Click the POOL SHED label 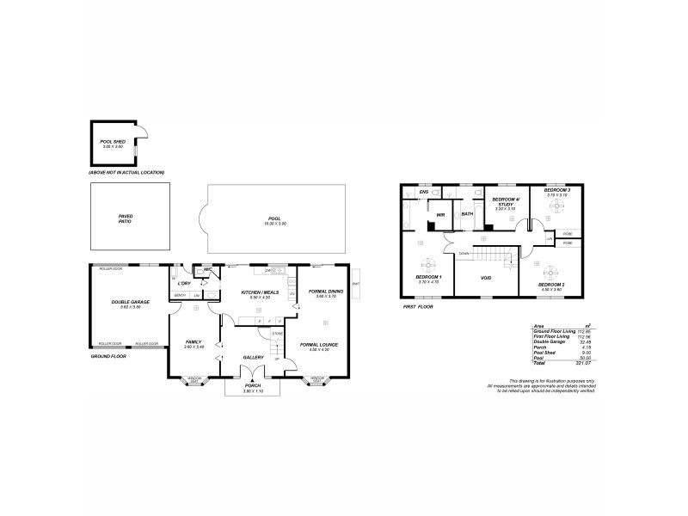point(113,142)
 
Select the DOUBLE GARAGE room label point(126,302)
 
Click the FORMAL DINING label point(326,292)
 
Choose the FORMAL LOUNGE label point(319,345)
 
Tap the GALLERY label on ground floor point(252,357)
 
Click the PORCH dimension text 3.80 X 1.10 point(252,390)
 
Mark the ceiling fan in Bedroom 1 point(422,265)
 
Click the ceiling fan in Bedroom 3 point(557,206)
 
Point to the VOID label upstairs point(485,279)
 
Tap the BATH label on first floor point(467,213)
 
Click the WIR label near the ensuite point(440,214)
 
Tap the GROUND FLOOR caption point(108,355)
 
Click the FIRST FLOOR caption point(417,307)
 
